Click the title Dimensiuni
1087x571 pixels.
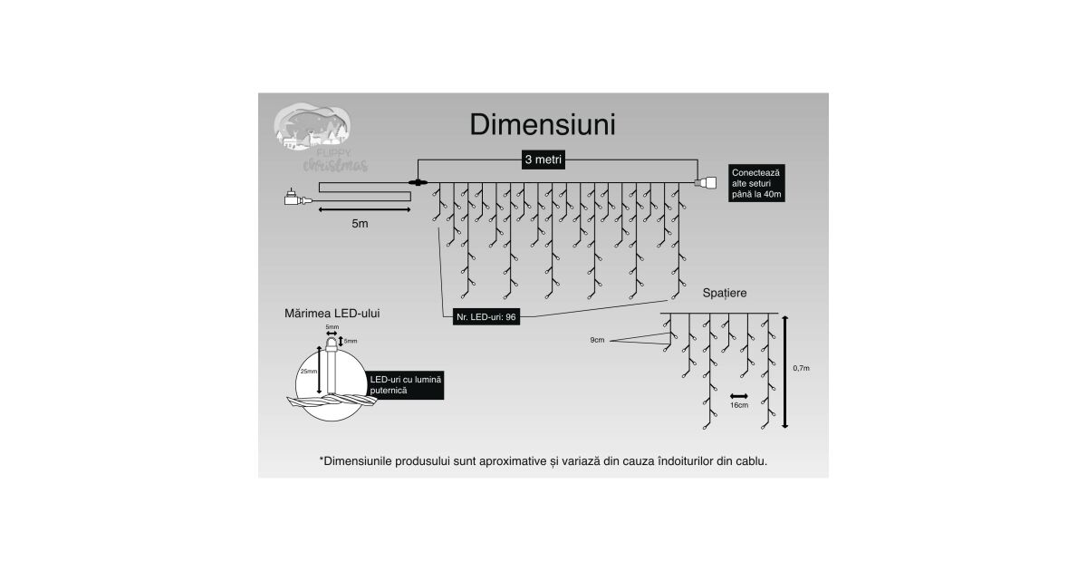coord(543,125)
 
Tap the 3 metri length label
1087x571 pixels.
coord(543,160)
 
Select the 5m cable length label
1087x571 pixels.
coord(360,222)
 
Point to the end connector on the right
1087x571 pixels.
coord(704,183)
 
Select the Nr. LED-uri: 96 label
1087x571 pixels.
coord(486,317)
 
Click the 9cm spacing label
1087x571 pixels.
coord(596,340)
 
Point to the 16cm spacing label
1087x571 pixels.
coord(739,405)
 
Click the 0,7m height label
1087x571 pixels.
coord(801,368)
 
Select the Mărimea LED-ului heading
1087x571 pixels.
coord(332,313)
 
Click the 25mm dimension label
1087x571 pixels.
coord(308,372)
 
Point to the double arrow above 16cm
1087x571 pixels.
coord(739,395)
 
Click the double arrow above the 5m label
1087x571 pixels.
coord(363,209)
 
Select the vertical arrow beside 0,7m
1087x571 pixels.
coord(784,371)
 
